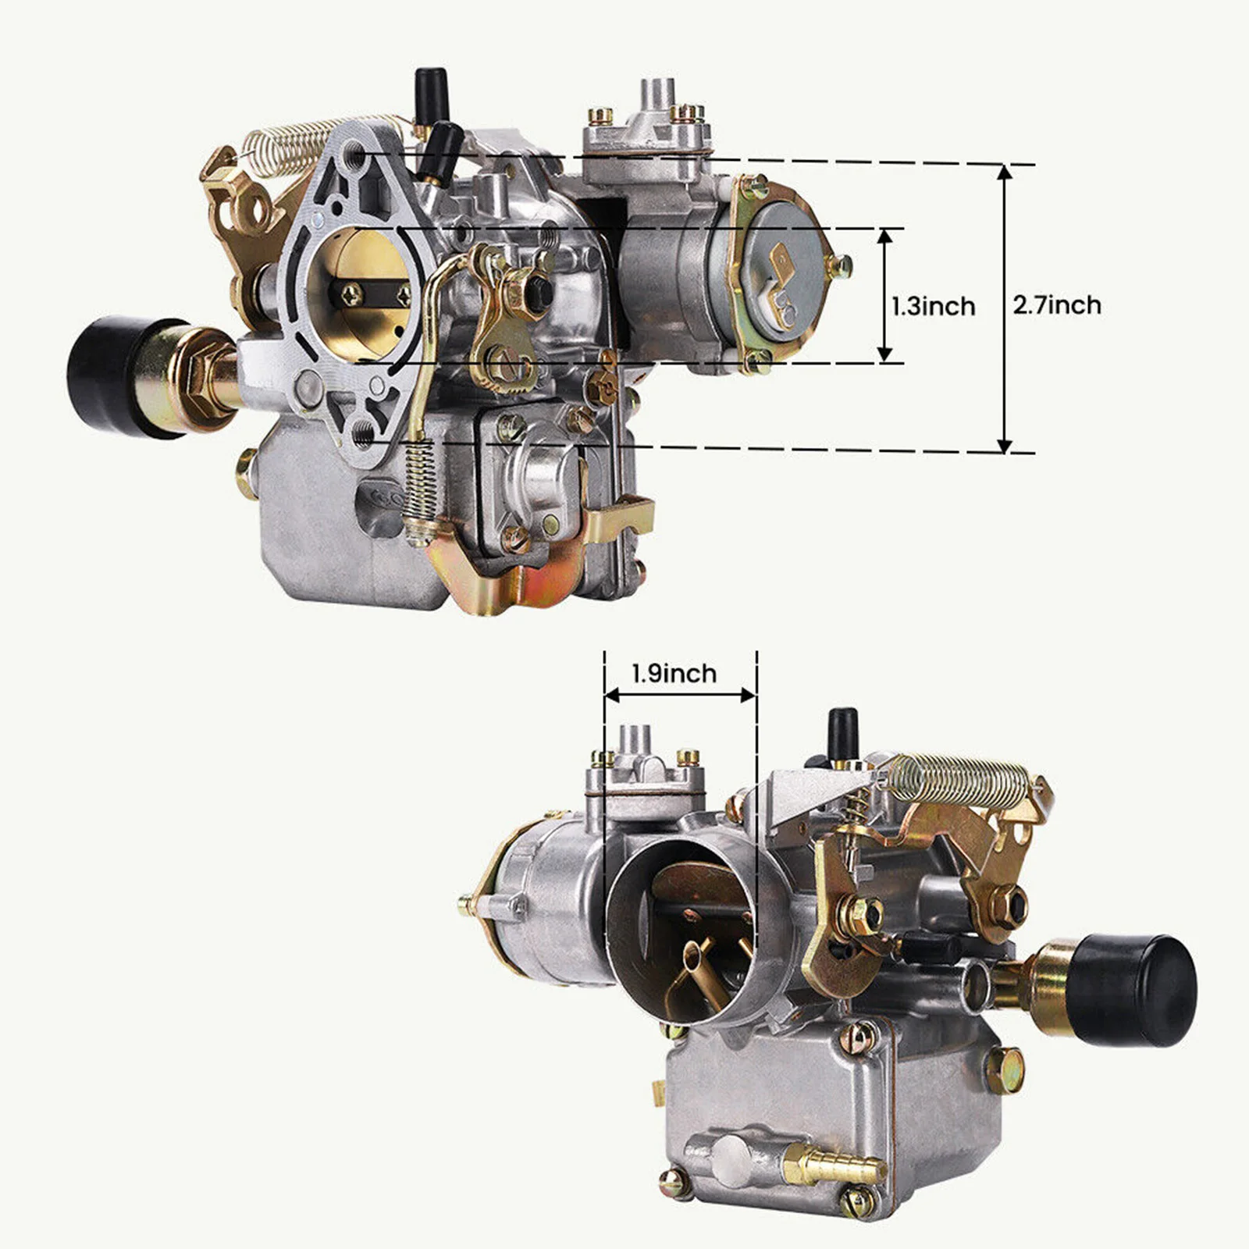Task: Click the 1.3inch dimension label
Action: (934, 305)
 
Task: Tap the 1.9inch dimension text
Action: (674, 673)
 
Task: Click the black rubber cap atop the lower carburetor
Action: (842, 729)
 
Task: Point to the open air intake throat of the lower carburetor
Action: (679, 921)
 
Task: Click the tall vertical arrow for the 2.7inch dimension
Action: (1005, 308)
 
